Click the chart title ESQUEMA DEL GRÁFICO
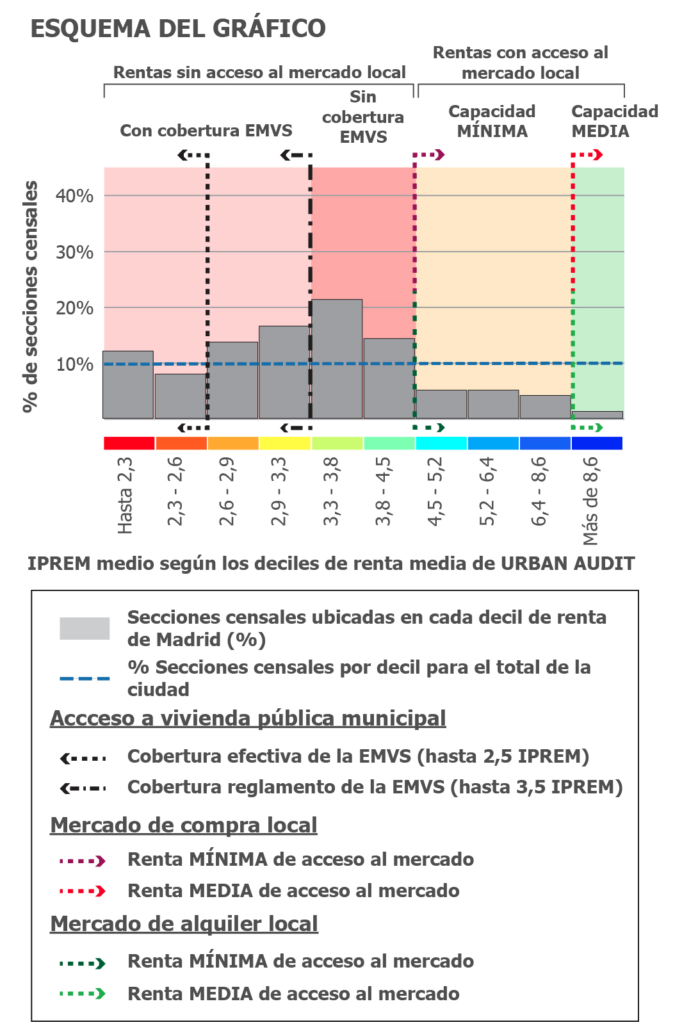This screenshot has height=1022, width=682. pos(178,29)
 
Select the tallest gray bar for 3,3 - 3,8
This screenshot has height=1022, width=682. pos(337,359)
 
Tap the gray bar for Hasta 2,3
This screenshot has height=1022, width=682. pos(128,385)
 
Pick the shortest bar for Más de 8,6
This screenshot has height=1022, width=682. pos(597,415)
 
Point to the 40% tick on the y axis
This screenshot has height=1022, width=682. pos(74,196)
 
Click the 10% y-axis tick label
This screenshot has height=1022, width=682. pos(74,364)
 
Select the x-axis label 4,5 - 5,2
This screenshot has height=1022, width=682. pos(435,491)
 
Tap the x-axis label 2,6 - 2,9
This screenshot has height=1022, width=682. pos(227,491)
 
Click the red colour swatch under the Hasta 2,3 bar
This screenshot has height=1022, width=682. pos(129,443)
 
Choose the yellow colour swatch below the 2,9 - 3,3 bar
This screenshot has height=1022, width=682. pos(285,443)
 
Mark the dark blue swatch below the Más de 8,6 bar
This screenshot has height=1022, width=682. pos(597,443)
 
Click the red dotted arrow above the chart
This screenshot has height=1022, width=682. pos(587,154)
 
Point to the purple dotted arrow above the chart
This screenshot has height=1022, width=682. pos(428,154)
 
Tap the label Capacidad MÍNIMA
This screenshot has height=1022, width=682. pos(492,121)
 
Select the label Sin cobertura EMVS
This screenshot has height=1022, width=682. pos(363,117)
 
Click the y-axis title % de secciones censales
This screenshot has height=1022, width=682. pos(29,296)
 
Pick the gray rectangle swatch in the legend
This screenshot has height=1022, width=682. pos(85,628)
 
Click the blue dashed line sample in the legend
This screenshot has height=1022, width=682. pos(85,678)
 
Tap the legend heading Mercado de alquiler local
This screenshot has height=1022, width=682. pos(184,923)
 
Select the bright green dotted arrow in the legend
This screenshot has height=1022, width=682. pos(83,994)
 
